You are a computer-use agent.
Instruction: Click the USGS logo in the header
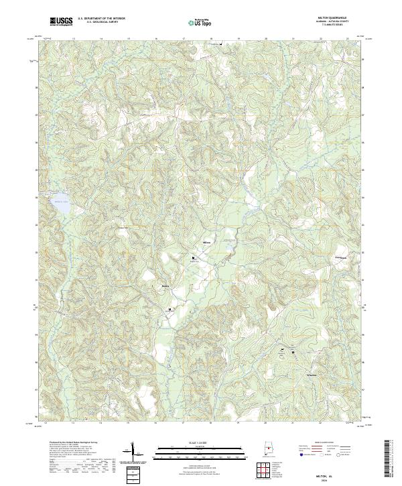61,21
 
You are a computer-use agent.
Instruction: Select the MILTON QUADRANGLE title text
331,18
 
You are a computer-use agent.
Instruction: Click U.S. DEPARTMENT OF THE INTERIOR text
101,19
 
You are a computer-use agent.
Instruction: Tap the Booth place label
165,286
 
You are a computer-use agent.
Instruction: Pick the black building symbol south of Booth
170,309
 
